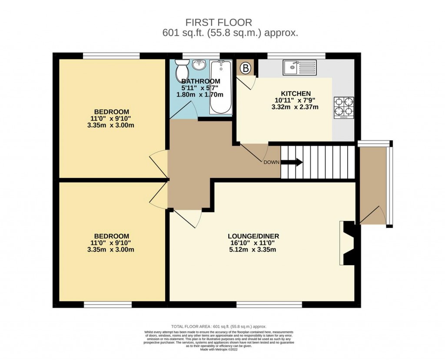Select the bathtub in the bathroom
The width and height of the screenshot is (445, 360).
(221, 87)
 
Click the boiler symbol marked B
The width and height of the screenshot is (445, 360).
(246, 68)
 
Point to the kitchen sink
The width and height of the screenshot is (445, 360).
(300, 67)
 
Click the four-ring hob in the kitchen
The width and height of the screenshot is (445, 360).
(343, 108)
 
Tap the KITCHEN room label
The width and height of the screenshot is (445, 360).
(296, 93)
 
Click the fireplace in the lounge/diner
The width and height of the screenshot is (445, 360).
(349, 243)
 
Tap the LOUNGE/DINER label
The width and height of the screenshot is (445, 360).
(253, 236)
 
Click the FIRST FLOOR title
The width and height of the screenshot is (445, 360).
(219, 22)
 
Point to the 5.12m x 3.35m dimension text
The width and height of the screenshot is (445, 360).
(253, 250)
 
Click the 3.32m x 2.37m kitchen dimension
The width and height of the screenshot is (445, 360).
(296, 107)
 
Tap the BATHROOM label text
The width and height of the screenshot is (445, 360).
(201, 81)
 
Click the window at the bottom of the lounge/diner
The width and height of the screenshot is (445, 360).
(269, 305)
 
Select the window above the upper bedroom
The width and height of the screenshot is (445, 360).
(111, 56)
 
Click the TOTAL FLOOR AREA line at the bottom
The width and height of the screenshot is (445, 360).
(219, 326)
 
